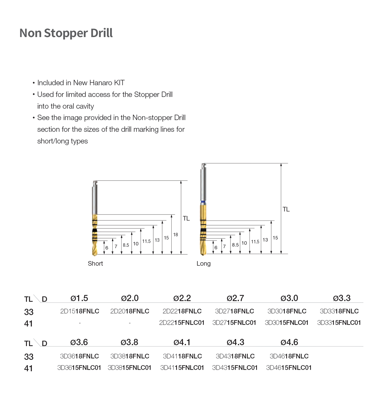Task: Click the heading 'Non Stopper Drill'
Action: coord(66,33)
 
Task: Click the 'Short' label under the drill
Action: coord(95,264)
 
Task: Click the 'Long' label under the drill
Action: coord(203,264)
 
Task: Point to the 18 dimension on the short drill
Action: coord(175,235)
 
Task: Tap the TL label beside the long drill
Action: coord(286,209)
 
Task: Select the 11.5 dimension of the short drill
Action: coord(146,241)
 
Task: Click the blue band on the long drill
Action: coord(203,202)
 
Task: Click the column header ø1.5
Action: coord(79,298)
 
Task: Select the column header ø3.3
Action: coord(342,298)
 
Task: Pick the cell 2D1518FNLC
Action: coord(80,311)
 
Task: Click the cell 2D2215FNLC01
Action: coord(182,323)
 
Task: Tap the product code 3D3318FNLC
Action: coord(339,311)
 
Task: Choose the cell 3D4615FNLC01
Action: coord(289,368)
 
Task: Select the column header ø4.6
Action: coord(289,342)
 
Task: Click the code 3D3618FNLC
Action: coord(79,356)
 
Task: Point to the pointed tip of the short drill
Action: coord(94,254)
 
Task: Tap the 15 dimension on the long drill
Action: coord(275,238)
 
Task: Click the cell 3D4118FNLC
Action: coord(182,356)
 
